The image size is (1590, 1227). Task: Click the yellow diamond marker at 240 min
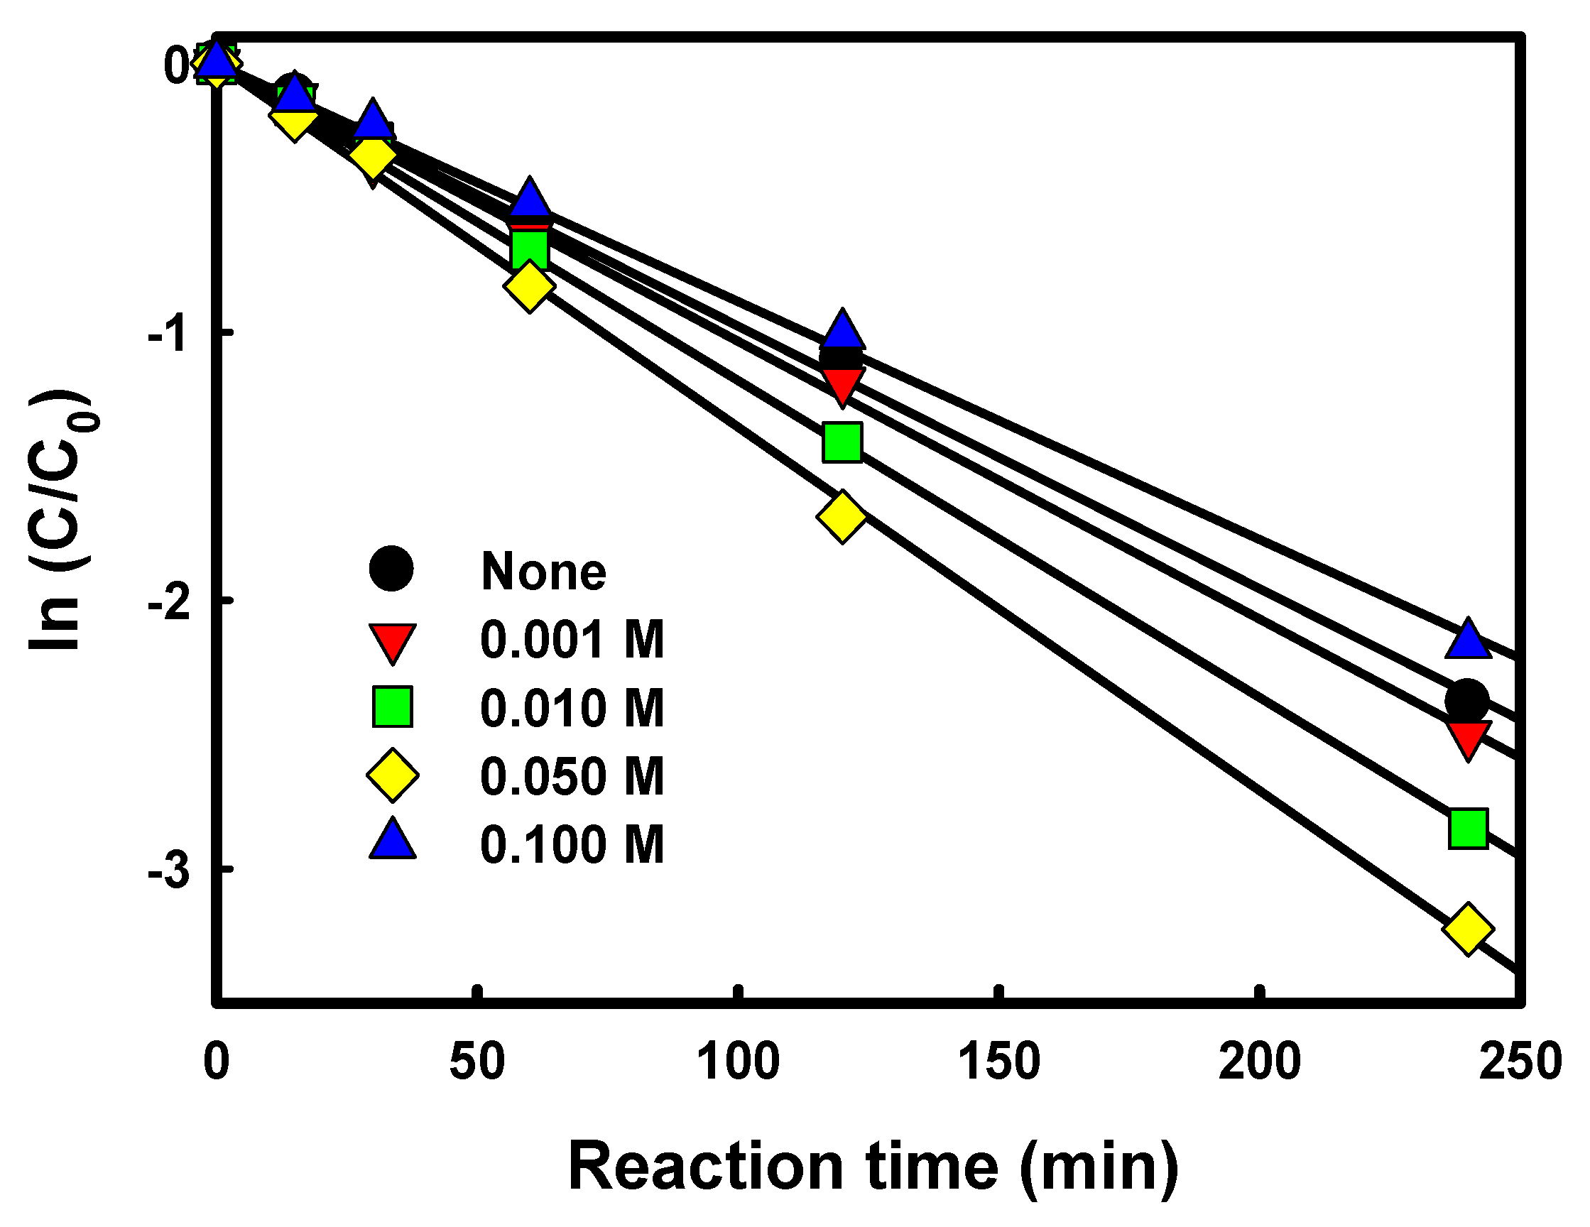click(x=1467, y=929)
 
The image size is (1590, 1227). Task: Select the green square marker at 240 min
click(x=1468, y=828)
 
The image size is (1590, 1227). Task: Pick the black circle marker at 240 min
click(x=1467, y=701)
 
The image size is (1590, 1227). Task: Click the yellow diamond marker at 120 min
click(x=842, y=516)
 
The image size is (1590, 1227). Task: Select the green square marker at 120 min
click(x=842, y=442)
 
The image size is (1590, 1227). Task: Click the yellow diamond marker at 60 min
click(x=529, y=286)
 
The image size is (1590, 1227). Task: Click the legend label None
click(x=543, y=572)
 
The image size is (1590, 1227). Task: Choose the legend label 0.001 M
click(x=572, y=640)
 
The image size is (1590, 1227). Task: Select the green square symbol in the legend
click(x=393, y=707)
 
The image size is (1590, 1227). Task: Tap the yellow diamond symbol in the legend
click(x=393, y=776)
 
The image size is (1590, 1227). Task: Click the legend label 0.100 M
click(x=572, y=844)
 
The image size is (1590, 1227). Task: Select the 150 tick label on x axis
click(x=1000, y=1061)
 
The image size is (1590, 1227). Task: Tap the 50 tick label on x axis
click(x=477, y=1061)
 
